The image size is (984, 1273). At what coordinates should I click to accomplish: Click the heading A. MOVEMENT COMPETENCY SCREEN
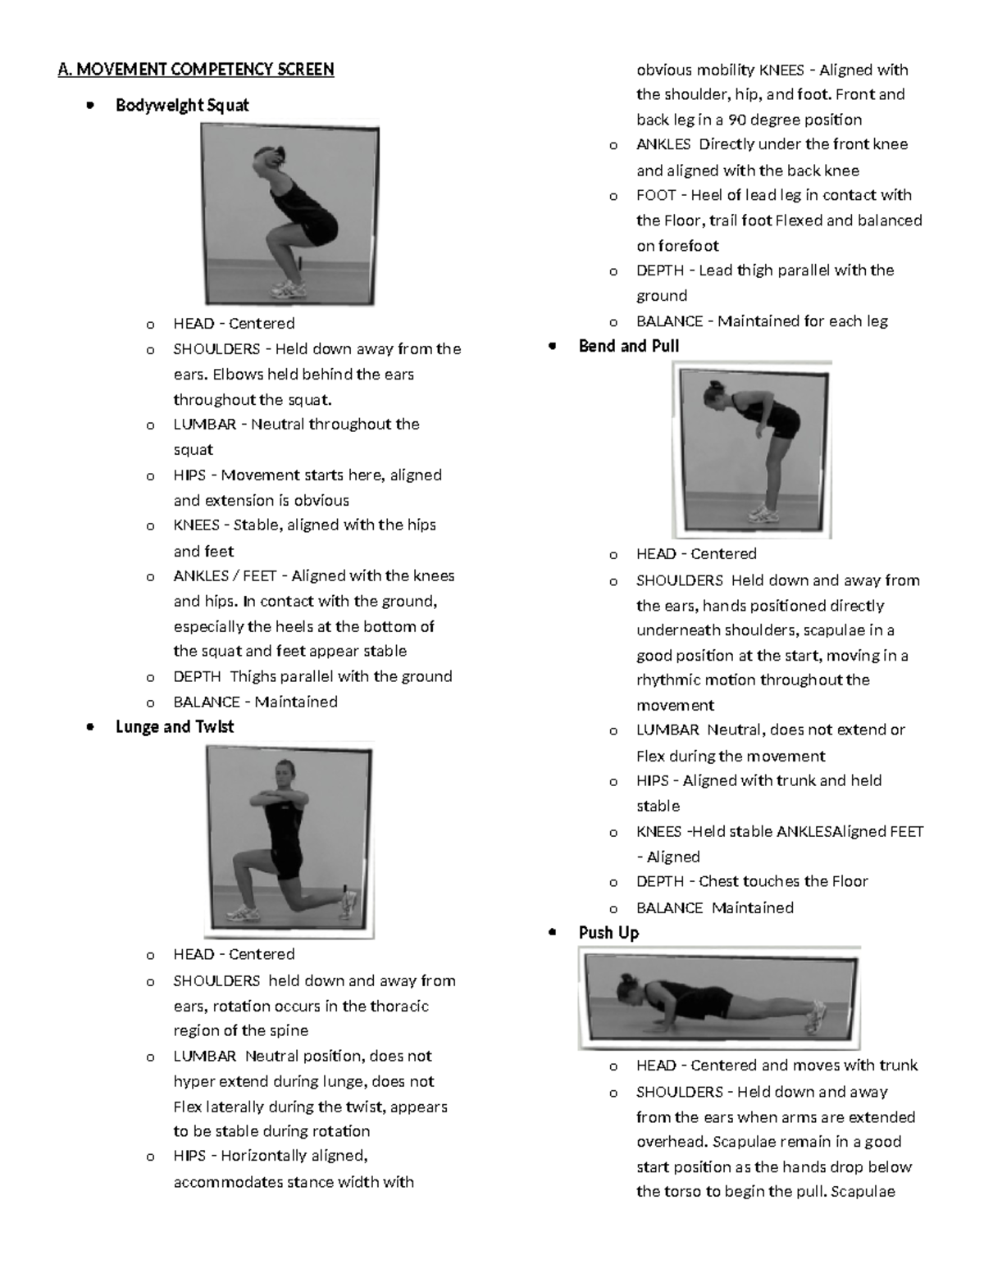click(196, 69)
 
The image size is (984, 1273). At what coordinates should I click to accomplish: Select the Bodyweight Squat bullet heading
click(182, 105)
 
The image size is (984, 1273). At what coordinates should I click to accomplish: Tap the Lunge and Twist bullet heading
click(175, 727)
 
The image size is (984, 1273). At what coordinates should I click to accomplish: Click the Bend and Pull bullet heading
click(629, 346)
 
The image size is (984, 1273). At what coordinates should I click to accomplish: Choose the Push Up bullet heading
click(608, 933)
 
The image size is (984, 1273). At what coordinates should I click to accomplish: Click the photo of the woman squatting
click(289, 213)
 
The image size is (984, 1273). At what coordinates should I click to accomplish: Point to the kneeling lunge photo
click(289, 839)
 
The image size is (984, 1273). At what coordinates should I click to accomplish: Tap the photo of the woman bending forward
click(752, 449)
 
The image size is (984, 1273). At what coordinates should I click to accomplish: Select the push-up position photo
click(719, 998)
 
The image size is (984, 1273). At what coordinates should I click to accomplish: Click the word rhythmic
click(667, 680)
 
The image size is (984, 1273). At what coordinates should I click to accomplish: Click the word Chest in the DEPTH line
click(718, 882)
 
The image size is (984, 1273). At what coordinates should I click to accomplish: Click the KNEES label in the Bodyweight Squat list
click(197, 525)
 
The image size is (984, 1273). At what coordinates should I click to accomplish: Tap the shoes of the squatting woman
click(289, 289)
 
